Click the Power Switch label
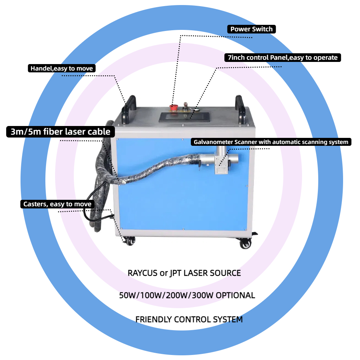point(251,29)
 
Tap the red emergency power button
point(174,107)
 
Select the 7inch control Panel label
point(282,58)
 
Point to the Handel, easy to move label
point(62,68)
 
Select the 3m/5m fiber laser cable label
point(60,132)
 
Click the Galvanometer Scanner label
point(271,142)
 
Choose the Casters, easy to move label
point(57,204)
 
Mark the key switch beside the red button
point(186,105)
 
